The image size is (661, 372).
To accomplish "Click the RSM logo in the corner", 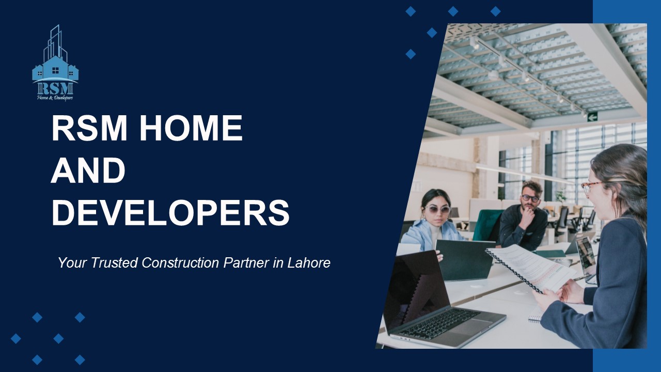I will point(55,63).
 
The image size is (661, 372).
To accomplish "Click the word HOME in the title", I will point(191,129).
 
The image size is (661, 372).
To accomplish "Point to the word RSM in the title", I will point(89,129).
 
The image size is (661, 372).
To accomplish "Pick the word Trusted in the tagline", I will point(115,262).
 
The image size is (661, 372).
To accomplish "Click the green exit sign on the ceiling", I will point(592,116).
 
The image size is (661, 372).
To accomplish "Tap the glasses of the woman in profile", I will point(590,186).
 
